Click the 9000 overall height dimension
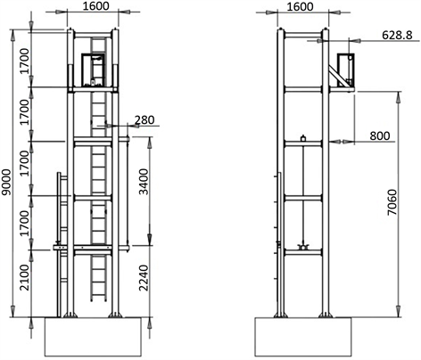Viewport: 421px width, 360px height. (6, 183)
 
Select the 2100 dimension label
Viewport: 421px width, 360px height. (25, 277)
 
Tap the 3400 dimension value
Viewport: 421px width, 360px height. (144, 182)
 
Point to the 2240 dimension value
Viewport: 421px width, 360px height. (144, 278)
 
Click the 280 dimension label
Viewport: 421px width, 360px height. (144, 120)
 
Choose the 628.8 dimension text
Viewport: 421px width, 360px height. (397, 36)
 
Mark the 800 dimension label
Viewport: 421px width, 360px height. (380, 135)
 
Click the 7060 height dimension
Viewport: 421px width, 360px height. (392, 202)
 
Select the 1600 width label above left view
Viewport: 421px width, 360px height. (95, 5)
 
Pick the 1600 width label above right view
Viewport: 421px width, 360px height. (300, 6)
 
